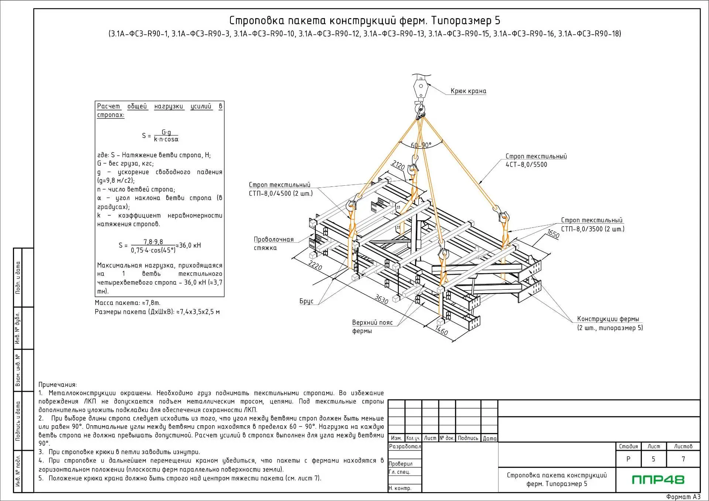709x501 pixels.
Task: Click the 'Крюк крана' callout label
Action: [x=468, y=91]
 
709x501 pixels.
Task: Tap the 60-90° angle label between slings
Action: [x=421, y=145]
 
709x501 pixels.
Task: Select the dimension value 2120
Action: [x=398, y=165]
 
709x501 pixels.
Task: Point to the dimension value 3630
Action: [x=381, y=299]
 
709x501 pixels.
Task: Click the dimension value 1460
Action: [x=441, y=330]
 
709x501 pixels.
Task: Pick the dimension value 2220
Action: [x=315, y=265]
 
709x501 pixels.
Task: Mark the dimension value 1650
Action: [x=553, y=234]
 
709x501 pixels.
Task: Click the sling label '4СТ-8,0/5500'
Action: [x=526, y=165]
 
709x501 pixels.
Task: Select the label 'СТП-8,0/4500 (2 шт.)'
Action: [x=281, y=193]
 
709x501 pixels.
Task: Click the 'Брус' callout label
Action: [x=306, y=301]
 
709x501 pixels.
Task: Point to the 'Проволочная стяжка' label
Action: [x=274, y=243]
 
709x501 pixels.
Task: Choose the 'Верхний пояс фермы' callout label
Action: [x=372, y=326]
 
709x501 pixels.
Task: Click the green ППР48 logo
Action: [x=658, y=480]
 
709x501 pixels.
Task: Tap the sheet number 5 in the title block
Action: [x=653, y=459]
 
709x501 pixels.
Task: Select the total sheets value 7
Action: [x=683, y=459]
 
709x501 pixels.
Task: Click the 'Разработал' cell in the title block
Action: [x=405, y=446]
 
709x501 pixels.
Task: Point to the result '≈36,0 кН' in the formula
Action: [x=188, y=246]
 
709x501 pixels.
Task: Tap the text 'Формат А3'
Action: [x=683, y=497]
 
